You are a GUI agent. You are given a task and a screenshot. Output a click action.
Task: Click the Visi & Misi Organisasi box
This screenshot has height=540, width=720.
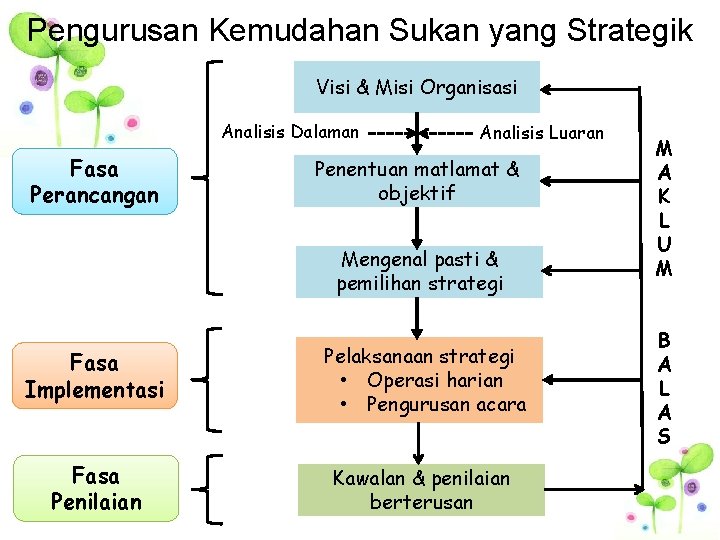[417, 87]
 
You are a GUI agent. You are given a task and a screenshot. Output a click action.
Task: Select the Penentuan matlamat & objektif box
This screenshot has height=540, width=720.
[417, 181]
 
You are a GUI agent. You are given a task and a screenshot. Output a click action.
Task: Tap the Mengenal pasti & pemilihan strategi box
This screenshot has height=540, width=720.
[419, 272]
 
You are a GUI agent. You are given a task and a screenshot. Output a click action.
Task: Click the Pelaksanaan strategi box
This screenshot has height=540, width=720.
[419, 380]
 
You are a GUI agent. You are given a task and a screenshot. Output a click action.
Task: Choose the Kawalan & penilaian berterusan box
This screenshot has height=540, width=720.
[421, 490]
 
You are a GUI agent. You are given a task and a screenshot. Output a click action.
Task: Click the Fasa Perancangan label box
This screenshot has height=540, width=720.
[94, 182]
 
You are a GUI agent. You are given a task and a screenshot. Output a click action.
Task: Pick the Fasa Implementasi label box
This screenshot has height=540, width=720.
[94, 376]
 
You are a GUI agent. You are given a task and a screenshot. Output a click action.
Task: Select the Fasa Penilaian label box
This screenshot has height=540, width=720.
[94, 489]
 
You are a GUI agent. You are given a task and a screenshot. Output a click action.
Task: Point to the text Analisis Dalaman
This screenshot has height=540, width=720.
[290, 132]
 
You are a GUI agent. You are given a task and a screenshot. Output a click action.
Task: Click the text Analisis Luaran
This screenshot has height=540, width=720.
[542, 132]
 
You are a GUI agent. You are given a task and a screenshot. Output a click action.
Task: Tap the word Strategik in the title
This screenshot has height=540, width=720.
[629, 31]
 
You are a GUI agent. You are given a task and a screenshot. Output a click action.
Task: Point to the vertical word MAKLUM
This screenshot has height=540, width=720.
[663, 208]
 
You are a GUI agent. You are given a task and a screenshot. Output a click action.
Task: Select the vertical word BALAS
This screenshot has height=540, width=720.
[664, 387]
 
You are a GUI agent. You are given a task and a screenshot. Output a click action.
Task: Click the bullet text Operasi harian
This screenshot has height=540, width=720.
[434, 380]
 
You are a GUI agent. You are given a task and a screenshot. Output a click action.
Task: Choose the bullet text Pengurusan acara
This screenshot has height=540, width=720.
[445, 404]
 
